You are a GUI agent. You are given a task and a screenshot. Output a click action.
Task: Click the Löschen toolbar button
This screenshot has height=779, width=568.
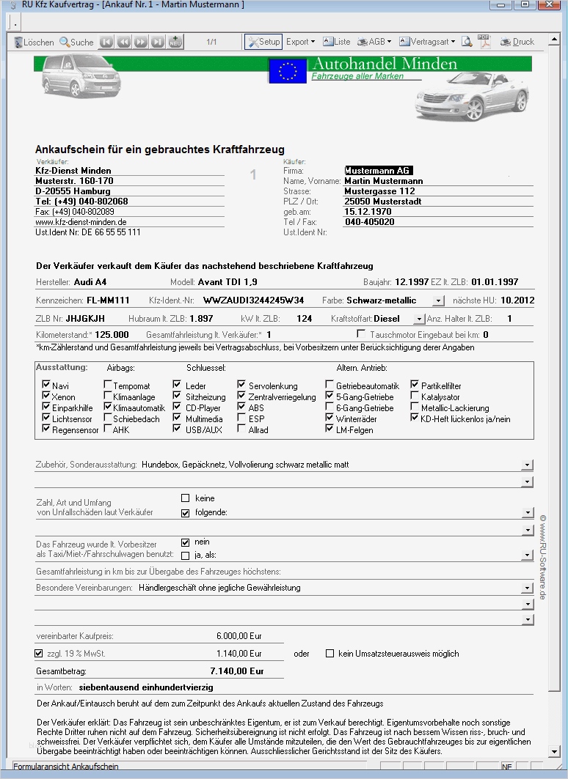click(x=34, y=42)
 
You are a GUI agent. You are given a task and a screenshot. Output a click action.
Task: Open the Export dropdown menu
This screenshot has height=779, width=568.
click(x=300, y=42)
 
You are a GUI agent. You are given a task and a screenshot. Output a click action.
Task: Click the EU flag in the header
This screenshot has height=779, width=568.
click(x=288, y=71)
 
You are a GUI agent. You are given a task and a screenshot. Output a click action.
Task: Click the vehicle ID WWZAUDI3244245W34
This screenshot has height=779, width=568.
click(x=253, y=300)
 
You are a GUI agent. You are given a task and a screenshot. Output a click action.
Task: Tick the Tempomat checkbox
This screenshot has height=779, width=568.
click(x=108, y=385)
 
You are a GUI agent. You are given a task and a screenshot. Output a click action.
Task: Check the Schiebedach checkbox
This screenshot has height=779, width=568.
click(x=108, y=418)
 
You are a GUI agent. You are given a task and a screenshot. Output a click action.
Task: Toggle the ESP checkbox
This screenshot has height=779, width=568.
click(x=242, y=418)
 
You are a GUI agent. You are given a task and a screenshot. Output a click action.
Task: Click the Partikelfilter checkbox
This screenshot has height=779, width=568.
click(x=415, y=385)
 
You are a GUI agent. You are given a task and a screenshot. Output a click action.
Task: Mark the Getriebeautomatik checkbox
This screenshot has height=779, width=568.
click(x=330, y=385)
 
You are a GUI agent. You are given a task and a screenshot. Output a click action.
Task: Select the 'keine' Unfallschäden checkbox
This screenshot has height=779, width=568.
click(x=185, y=498)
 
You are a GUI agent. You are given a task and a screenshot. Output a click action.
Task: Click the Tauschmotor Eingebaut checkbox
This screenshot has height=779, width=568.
click(x=360, y=334)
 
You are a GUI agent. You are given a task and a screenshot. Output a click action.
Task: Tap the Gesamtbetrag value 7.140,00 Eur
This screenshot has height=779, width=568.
click(x=236, y=671)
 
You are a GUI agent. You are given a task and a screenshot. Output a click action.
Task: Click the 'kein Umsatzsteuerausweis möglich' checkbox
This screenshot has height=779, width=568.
click(x=329, y=653)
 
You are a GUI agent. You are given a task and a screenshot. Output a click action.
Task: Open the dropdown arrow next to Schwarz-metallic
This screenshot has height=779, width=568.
click(x=438, y=300)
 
